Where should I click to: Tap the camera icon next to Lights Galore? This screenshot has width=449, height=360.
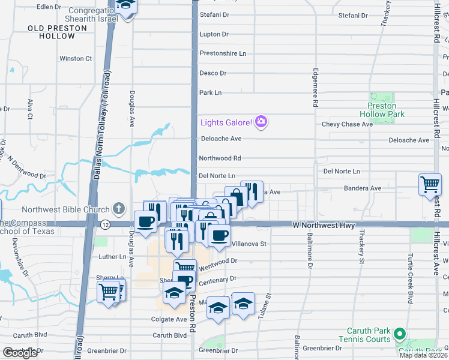[261, 122]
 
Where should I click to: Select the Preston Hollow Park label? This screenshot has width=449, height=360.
[382, 110]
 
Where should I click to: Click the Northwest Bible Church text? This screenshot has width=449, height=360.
[66, 209]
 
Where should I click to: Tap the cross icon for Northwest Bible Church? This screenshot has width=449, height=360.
[119, 209]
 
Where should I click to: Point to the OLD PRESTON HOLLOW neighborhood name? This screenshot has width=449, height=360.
[51, 32]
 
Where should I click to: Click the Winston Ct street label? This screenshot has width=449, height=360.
[76, 59]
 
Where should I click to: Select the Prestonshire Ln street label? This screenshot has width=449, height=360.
[223, 53]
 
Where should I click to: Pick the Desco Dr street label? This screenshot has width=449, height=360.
[212, 73]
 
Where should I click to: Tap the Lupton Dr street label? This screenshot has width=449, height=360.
[214, 35]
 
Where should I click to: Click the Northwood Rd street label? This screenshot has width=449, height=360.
[220, 158]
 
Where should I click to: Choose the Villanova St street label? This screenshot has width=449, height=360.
[249, 244]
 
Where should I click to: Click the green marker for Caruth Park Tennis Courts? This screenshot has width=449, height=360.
[399, 333]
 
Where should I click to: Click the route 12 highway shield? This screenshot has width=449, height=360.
[105, 224]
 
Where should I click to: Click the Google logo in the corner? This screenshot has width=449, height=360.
[20, 353]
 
